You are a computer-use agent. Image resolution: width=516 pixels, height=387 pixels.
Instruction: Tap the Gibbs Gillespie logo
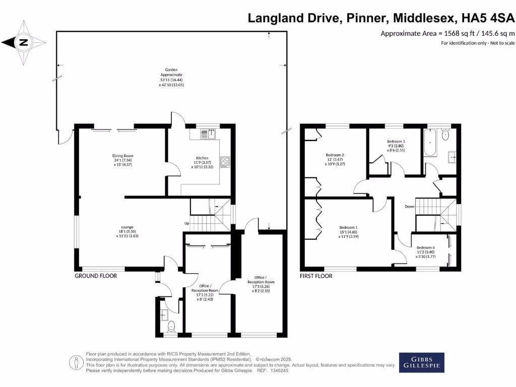point(422,362)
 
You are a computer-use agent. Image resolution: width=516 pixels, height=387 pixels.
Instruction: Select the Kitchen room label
point(202,163)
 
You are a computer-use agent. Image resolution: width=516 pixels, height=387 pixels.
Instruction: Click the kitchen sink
point(207,134)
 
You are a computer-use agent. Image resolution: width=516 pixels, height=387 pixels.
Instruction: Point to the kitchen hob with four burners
point(225,162)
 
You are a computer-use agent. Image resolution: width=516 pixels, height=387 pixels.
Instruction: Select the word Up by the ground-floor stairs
point(186,223)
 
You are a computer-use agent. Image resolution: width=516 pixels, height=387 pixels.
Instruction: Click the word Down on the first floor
point(410,207)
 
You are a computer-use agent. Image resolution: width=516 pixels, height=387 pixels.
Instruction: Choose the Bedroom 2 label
point(335,159)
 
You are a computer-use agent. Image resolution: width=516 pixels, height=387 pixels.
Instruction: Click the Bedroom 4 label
point(426,251)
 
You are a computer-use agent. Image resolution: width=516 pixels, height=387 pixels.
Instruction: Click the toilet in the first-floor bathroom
point(445,135)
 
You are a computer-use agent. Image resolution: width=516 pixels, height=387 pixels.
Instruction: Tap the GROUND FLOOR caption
point(96,276)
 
